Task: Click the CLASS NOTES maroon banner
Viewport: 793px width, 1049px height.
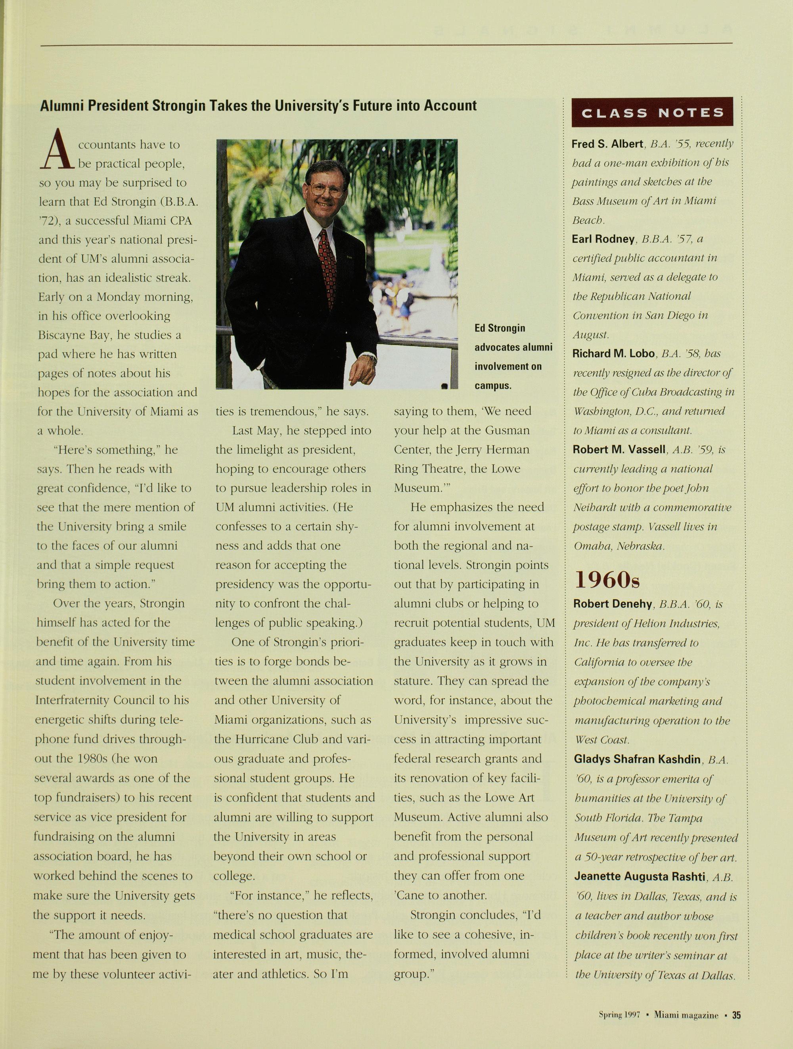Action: tap(652, 112)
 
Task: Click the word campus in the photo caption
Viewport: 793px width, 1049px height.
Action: tap(493, 385)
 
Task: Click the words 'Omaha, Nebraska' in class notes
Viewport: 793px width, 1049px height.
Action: tap(619, 546)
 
